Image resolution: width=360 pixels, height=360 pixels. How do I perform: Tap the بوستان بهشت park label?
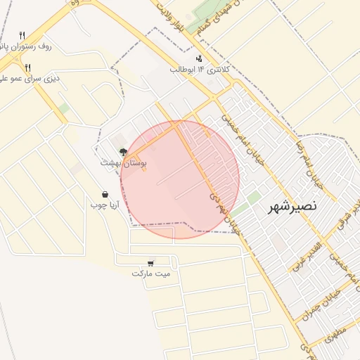coord(123,162)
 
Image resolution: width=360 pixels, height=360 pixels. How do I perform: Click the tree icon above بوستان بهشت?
coord(123,151)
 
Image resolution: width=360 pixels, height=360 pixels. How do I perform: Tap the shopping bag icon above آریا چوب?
coord(105,194)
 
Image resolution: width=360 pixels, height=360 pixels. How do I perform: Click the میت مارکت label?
coord(151,273)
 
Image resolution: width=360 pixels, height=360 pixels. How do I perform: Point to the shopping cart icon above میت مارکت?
coord(151,262)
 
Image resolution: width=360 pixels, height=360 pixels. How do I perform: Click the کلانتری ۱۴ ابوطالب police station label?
coord(200,70)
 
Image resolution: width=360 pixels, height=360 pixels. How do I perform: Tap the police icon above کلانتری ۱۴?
coord(200,58)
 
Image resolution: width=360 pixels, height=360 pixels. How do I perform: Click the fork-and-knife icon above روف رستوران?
coord(22,34)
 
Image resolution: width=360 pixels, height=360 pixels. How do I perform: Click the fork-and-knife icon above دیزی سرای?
coord(28,67)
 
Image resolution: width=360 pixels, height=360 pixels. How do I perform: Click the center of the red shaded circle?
coord(180,179)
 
